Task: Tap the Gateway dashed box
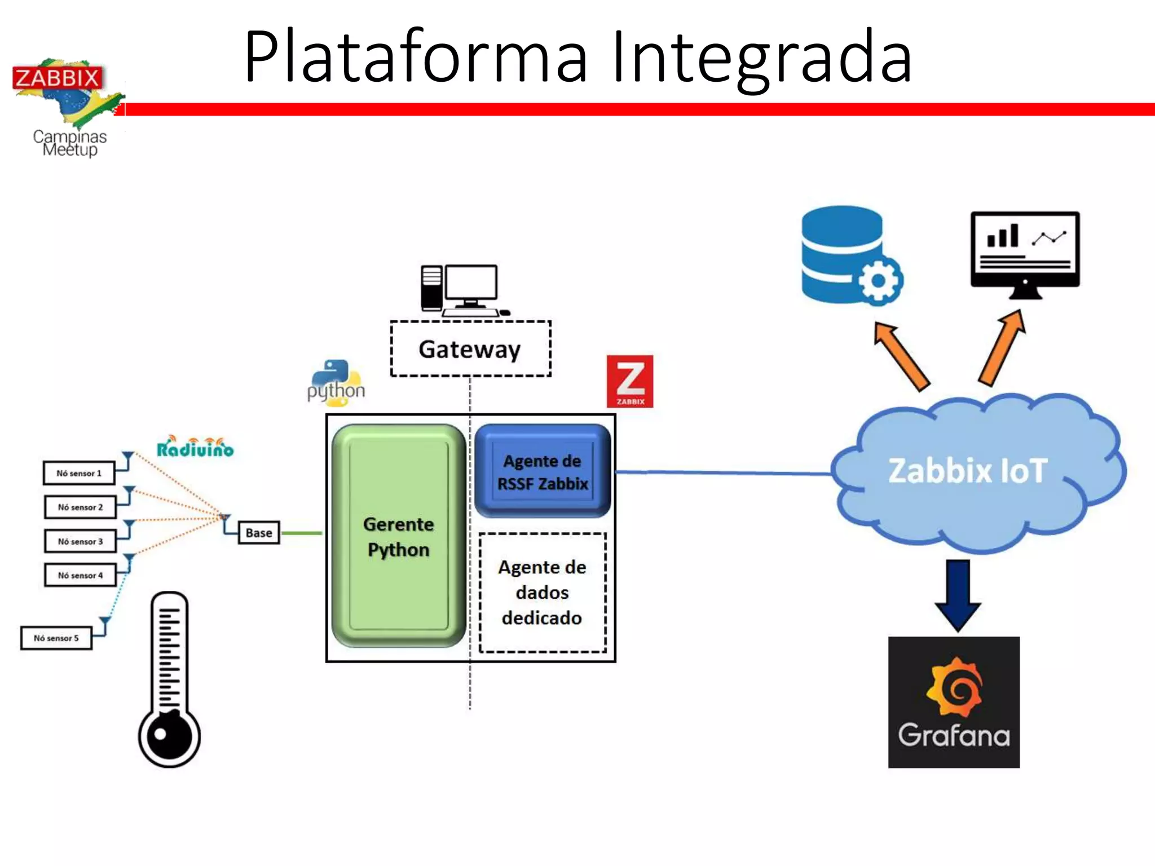click(x=470, y=349)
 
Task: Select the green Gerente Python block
click(x=399, y=536)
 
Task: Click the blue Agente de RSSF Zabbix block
click(x=543, y=472)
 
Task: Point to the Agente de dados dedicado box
click(x=543, y=593)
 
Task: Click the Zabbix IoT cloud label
click(x=968, y=471)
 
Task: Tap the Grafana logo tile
click(x=954, y=702)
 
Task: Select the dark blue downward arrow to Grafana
click(x=958, y=595)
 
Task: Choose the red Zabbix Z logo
click(x=630, y=381)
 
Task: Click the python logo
click(x=336, y=384)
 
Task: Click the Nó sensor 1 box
click(x=79, y=473)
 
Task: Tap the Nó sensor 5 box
click(x=56, y=638)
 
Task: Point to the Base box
click(x=259, y=533)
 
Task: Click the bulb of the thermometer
click(x=169, y=735)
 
